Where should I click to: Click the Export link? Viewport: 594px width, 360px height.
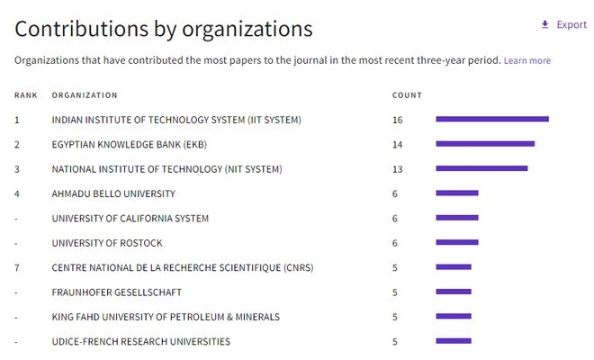pos(571,24)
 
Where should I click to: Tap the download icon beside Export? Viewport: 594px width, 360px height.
pos(544,24)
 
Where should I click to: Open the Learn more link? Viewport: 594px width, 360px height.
pos(526,60)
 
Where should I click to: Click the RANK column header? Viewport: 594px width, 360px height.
pos(26,95)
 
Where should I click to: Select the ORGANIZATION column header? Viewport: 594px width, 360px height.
pos(85,95)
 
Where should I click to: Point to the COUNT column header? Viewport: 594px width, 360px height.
pos(407,95)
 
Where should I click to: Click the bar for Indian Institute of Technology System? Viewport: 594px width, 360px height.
pos(492,120)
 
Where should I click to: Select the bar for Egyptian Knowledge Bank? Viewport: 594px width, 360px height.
pos(485,144)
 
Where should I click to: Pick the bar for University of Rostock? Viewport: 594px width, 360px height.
pos(457,242)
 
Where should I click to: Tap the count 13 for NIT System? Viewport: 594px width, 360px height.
pos(398,169)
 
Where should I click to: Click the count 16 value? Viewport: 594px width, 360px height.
pos(398,120)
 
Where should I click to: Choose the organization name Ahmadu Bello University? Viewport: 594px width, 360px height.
pos(113,193)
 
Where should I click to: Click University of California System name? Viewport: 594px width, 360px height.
pos(130,219)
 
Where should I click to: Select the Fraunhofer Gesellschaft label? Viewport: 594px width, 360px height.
pos(117,292)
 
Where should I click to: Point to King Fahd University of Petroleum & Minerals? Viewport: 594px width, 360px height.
pos(166,317)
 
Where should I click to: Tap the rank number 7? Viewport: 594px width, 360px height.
pos(17,268)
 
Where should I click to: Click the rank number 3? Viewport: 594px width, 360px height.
pos(17,169)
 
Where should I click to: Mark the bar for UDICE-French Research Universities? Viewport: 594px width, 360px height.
pos(454,341)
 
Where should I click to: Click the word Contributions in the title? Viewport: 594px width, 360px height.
pos(81,29)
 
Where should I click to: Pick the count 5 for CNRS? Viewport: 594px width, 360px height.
pos(395,268)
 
